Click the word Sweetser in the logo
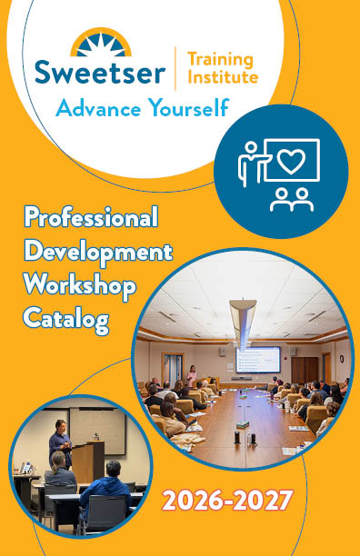(x=100, y=72)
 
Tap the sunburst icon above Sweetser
(x=101, y=43)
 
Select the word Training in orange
(x=220, y=60)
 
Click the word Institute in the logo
(x=223, y=76)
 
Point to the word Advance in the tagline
(x=98, y=108)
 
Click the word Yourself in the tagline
(x=188, y=108)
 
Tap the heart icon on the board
(x=291, y=161)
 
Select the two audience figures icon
(x=292, y=200)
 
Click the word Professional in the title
(x=91, y=217)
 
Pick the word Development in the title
(x=98, y=253)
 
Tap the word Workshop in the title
(x=80, y=286)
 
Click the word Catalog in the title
(x=66, y=319)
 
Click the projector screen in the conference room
(x=258, y=360)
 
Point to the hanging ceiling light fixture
(x=243, y=323)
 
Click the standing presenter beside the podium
(x=60, y=442)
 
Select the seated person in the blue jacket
(x=105, y=491)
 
